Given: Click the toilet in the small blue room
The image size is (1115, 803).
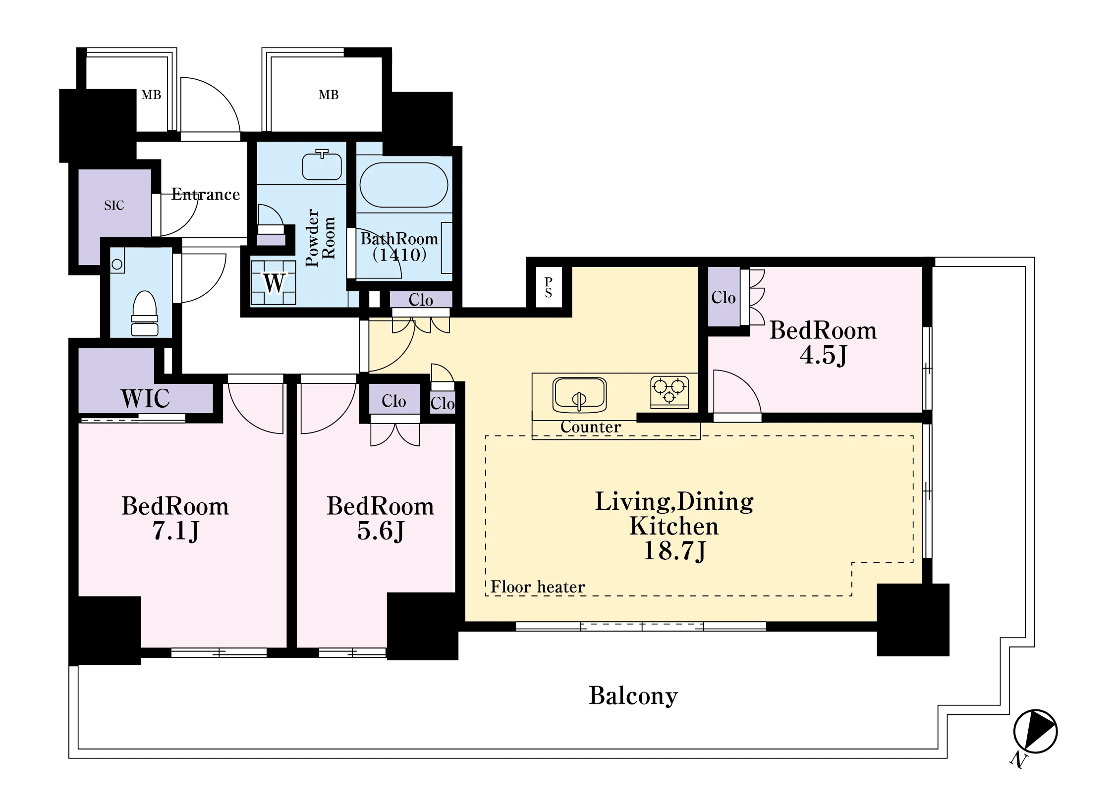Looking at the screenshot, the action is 145,313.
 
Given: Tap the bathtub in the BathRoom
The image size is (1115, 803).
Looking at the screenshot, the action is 404,185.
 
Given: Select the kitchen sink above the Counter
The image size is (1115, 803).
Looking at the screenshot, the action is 579,395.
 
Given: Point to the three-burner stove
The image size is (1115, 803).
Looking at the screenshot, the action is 669,392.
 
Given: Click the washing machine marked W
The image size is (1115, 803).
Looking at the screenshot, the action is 274,282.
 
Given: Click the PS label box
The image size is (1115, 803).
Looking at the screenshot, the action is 549,287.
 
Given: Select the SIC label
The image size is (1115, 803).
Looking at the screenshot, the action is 114,206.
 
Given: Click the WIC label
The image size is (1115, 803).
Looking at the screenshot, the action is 145,398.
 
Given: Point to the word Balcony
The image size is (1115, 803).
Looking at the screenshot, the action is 633,696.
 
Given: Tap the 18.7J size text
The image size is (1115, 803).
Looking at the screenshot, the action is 674,551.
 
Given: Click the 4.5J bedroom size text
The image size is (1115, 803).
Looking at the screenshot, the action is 823,355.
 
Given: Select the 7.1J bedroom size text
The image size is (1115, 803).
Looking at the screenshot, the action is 175,531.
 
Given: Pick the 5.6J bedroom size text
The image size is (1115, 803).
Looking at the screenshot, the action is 381,531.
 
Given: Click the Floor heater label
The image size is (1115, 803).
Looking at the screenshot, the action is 538,587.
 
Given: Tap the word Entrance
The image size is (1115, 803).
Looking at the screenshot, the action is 206,194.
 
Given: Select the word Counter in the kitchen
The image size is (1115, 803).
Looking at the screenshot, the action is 591,427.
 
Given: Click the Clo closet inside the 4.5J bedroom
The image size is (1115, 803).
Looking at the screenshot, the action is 724,297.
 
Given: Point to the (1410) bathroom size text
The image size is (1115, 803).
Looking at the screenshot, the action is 399,255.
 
